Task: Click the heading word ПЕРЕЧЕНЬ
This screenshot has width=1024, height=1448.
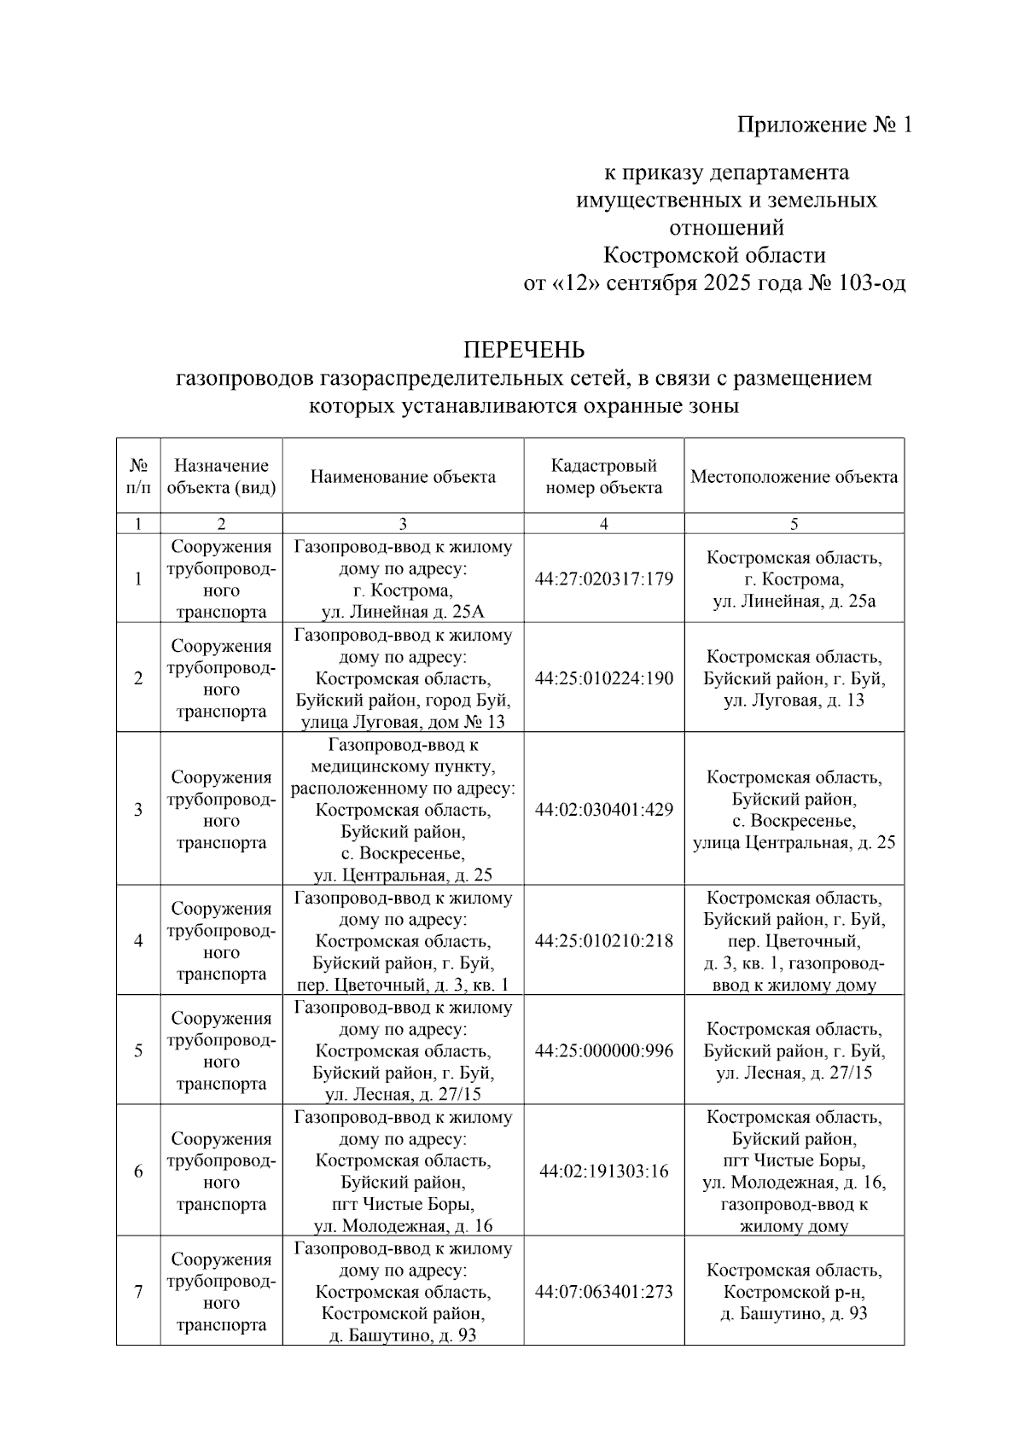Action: pos(523,350)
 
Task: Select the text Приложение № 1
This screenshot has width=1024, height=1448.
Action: pos(824,125)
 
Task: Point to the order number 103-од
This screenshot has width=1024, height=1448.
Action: pos(872,283)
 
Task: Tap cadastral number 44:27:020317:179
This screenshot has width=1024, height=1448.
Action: pos(603,579)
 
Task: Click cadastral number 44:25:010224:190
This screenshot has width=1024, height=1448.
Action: pos(603,678)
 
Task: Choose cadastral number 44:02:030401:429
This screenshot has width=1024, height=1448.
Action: pos(603,810)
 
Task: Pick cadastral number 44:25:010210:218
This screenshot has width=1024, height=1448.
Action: pos(603,941)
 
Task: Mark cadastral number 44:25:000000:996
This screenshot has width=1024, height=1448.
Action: pos(603,1051)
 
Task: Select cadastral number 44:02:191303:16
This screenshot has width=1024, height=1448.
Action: pos(603,1172)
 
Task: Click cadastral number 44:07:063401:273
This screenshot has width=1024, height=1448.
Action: pos(603,1292)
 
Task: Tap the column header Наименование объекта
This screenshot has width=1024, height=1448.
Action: pos(403,477)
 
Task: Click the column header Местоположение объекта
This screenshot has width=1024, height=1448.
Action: pos(794,477)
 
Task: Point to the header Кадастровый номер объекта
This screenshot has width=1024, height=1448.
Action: pos(603,477)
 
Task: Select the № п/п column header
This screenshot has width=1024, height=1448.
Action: pos(138,477)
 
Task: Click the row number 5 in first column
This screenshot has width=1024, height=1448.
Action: pos(138,1051)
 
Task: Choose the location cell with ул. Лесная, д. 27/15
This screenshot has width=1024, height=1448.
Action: pos(794,1051)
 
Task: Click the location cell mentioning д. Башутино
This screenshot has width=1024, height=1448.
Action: pos(794,1292)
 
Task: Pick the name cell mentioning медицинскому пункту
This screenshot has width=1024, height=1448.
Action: pos(403,810)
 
